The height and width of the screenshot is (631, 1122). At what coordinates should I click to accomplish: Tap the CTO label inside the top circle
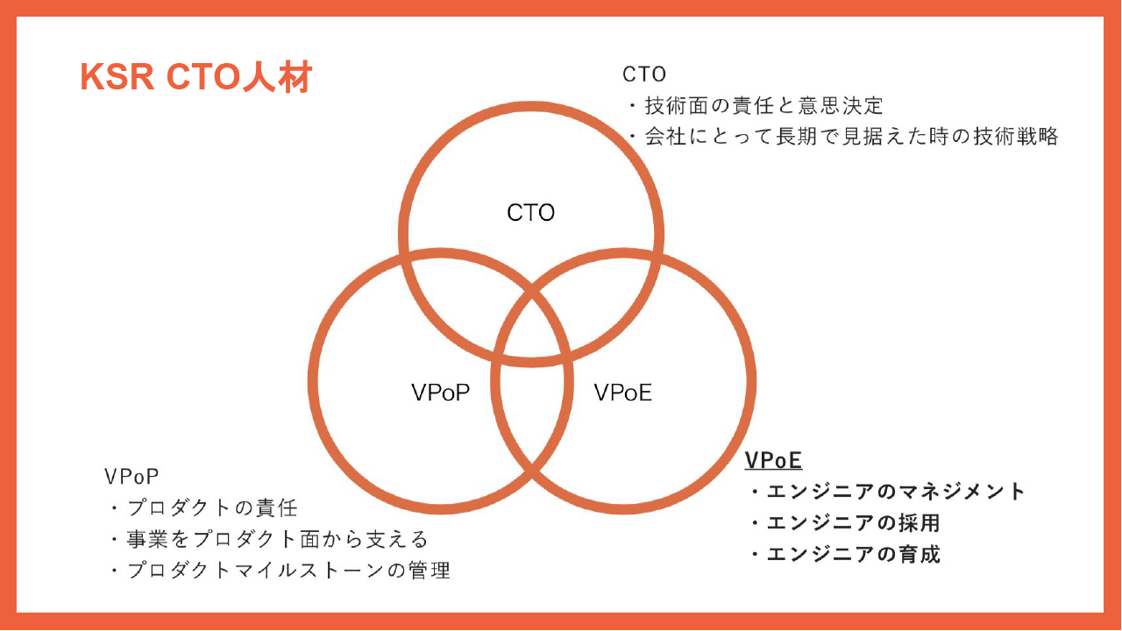531,212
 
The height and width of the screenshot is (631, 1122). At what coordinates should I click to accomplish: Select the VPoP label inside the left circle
440,393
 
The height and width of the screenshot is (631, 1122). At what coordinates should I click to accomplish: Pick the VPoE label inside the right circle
622,393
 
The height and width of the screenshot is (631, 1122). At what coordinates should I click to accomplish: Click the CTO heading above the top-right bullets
644,74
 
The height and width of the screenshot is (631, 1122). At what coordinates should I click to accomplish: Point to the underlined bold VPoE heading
773,460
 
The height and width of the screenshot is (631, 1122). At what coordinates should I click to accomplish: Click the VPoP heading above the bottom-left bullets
131,476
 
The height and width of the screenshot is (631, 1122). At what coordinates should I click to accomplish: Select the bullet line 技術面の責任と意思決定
756,106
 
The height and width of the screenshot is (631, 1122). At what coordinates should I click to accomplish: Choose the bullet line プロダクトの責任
204,507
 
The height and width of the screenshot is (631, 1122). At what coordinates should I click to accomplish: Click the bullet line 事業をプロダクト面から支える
269,539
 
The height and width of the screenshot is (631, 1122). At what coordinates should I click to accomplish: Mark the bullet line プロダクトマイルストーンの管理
280,570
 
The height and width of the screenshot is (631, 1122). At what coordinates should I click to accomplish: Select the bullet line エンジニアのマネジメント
888,492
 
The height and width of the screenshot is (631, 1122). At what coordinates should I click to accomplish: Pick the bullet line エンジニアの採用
845,523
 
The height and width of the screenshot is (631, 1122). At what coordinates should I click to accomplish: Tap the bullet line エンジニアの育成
845,554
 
